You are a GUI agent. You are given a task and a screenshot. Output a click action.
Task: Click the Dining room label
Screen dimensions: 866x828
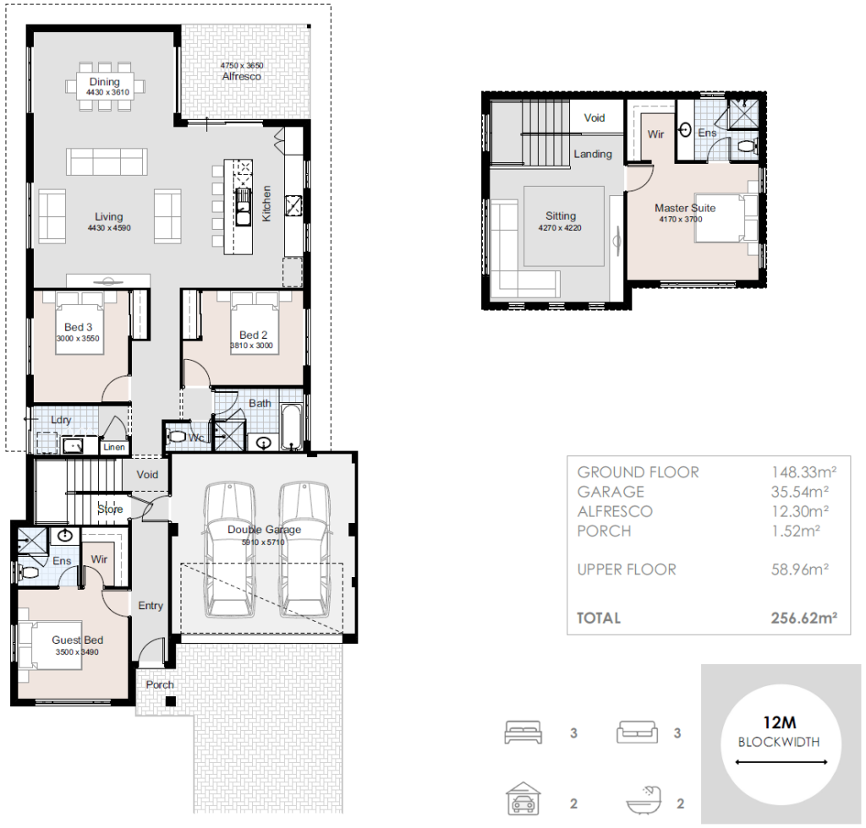pyautogui.click(x=104, y=82)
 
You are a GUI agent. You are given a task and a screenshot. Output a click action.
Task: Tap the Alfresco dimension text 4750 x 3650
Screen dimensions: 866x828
pyautogui.click(x=242, y=66)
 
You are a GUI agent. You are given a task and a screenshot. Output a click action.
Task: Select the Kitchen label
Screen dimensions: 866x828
pyautogui.click(x=266, y=204)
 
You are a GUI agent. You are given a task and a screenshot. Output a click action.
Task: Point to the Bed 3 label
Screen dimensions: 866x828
pyautogui.click(x=79, y=327)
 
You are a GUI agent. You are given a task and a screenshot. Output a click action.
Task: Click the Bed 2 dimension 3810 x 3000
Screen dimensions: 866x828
pyautogui.click(x=252, y=346)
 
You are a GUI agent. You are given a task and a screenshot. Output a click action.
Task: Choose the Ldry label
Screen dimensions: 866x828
pyautogui.click(x=61, y=420)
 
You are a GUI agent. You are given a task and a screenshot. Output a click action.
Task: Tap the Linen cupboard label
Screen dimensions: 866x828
pyautogui.click(x=114, y=448)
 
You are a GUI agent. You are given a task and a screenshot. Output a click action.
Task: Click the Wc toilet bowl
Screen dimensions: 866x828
pyautogui.click(x=176, y=437)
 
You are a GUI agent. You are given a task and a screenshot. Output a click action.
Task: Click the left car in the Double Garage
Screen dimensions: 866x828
pyautogui.click(x=230, y=550)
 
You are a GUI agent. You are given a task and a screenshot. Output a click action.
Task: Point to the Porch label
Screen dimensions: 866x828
pyautogui.click(x=160, y=684)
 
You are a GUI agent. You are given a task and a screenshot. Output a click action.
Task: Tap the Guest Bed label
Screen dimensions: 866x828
pyautogui.click(x=77, y=640)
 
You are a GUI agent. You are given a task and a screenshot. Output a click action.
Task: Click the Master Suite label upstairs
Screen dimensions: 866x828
pyautogui.click(x=685, y=208)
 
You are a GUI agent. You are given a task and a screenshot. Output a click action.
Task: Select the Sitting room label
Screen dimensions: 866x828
pyautogui.click(x=561, y=215)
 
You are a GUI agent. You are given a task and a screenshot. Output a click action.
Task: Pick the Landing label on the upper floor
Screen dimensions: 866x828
pyautogui.click(x=593, y=155)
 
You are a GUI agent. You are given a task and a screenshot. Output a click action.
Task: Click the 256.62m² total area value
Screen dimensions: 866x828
pyautogui.click(x=804, y=618)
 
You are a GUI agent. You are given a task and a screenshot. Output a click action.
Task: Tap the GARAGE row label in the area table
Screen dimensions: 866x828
pyautogui.click(x=611, y=492)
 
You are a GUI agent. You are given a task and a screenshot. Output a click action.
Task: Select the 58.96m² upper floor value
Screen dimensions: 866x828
pyautogui.click(x=800, y=569)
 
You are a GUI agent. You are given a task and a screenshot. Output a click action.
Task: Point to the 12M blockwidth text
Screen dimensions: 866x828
pyautogui.click(x=779, y=722)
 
